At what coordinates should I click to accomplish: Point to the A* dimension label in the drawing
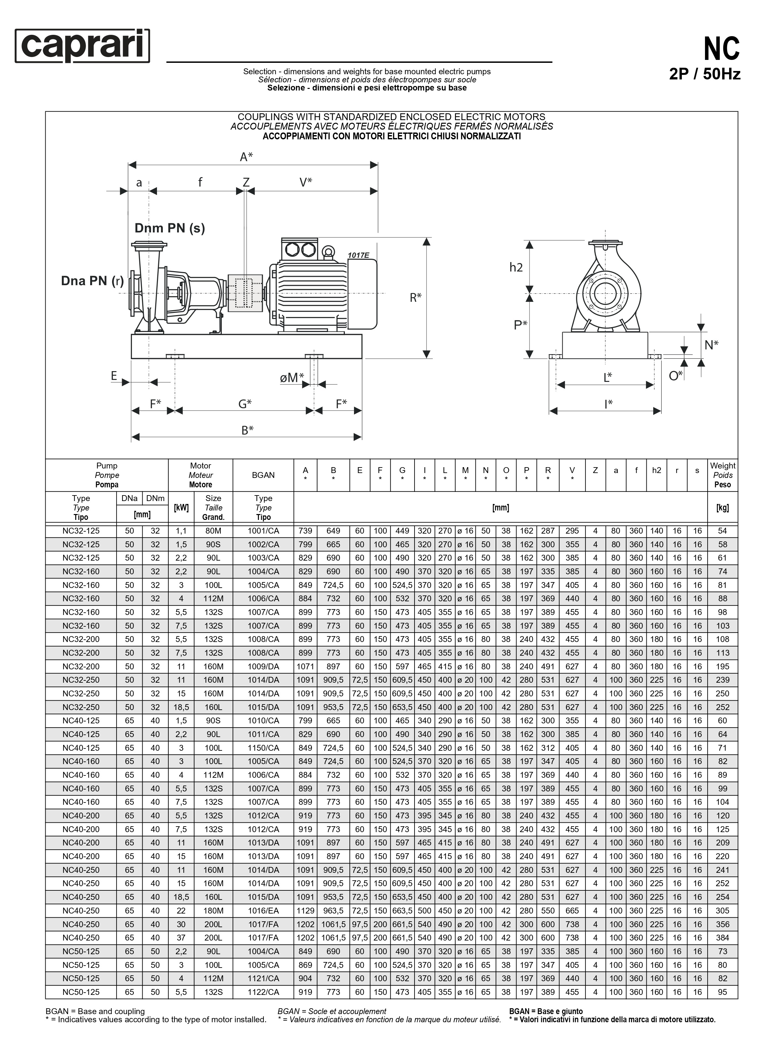(x=246, y=157)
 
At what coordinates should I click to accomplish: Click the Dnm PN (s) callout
(x=170, y=228)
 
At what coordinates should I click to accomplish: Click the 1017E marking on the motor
(x=359, y=256)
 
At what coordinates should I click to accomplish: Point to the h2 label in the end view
(x=516, y=268)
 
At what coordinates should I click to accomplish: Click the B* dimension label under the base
(x=247, y=430)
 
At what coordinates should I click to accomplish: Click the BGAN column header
(x=263, y=475)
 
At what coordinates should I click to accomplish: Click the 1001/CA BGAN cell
(x=263, y=531)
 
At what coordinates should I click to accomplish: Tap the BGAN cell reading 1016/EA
(x=263, y=910)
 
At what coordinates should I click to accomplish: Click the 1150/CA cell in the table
(x=263, y=748)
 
